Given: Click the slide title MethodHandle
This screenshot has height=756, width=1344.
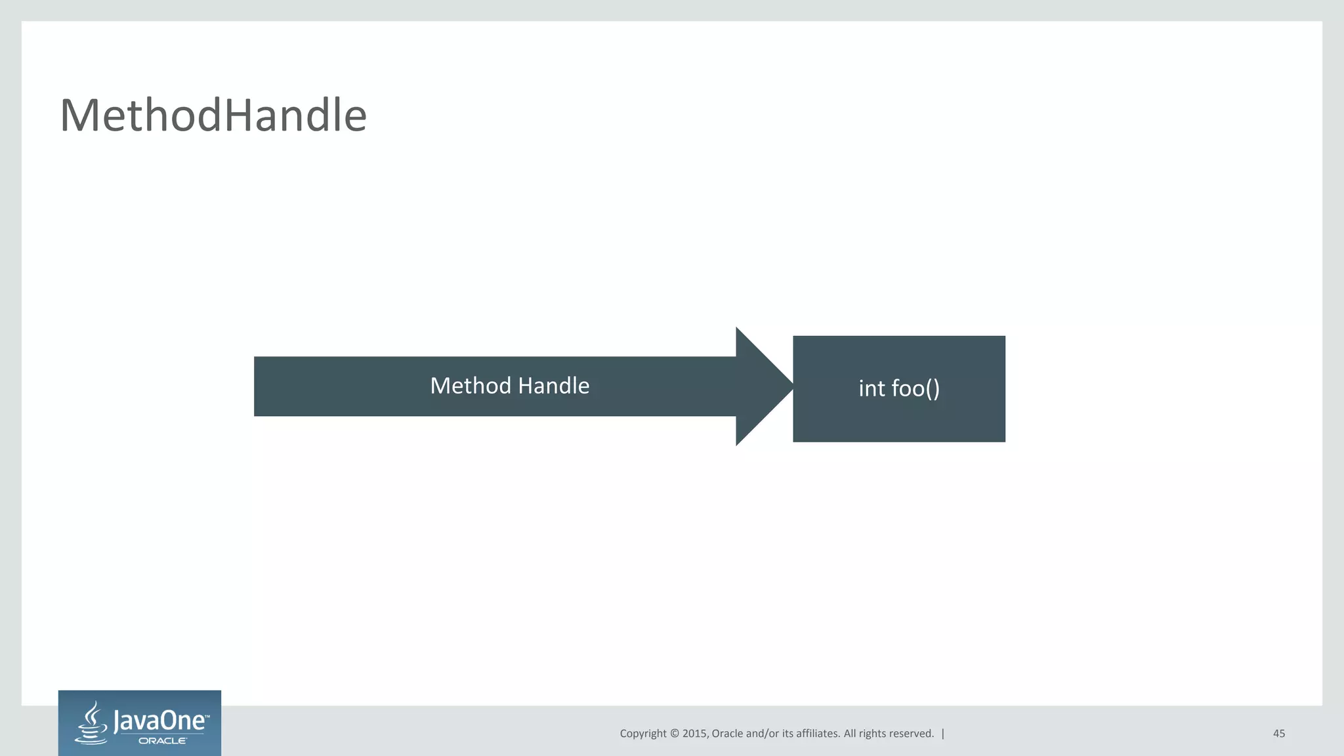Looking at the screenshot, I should coord(213,115).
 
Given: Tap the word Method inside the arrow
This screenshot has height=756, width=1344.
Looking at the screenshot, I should coord(470,386).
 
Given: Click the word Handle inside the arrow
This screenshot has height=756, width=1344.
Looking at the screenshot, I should coord(554,386).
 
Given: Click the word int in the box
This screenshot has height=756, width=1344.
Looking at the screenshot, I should coord(871,388).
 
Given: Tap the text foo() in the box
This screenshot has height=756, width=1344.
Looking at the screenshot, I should coord(915,388).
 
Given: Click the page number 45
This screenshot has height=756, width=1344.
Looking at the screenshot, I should coord(1278,734).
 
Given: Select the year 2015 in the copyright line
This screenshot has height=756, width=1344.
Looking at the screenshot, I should coord(694,734).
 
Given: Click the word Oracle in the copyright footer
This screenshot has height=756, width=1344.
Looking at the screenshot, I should coord(728,734).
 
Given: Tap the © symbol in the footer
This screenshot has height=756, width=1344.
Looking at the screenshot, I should coord(674,734).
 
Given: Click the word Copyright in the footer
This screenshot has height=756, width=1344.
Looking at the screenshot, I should coord(642,734).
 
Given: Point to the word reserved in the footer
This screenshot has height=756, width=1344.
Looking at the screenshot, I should coord(911,734).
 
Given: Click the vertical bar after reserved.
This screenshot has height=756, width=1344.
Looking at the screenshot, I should coord(943,734).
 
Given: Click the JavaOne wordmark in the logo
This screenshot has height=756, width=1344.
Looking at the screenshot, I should coord(159,721).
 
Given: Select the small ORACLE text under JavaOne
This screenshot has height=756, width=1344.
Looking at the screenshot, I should coord(162,741).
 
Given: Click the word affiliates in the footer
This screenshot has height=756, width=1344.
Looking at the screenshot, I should coord(817,734).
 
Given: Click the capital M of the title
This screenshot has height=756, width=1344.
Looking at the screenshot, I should coord(79,115).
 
